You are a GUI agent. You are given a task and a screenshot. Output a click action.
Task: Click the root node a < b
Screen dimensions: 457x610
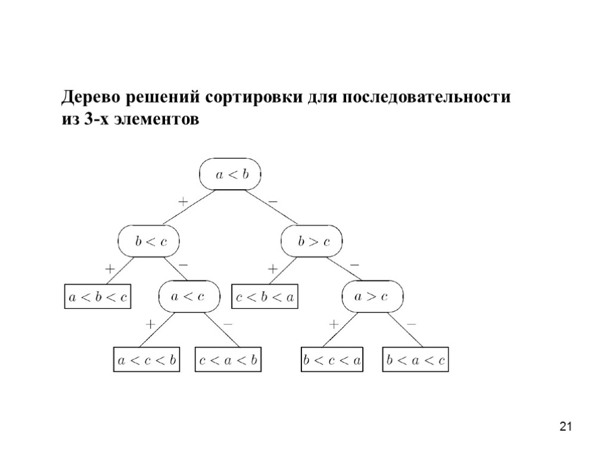click(x=230, y=174)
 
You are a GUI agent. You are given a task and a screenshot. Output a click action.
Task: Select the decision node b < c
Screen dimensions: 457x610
click(x=149, y=241)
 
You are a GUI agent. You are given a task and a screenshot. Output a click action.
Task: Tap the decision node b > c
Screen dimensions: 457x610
click(x=313, y=241)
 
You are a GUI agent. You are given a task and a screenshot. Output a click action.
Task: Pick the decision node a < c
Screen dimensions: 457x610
click(x=188, y=296)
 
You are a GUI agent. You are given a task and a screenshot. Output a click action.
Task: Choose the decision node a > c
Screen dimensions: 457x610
click(x=371, y=296)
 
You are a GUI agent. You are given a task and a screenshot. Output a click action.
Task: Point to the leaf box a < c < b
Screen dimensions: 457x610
click(x=147, y=361)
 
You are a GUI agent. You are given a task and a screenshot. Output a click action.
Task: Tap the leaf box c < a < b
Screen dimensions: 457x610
click(x=229, y=361)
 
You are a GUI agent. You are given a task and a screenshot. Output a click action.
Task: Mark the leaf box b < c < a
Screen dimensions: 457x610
click(x=332, y=361)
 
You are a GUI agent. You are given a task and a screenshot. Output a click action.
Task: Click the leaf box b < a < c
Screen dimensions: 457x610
click(x=415, y=361)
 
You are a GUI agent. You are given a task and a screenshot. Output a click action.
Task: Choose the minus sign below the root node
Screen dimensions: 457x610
click(x=273, y=202)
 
